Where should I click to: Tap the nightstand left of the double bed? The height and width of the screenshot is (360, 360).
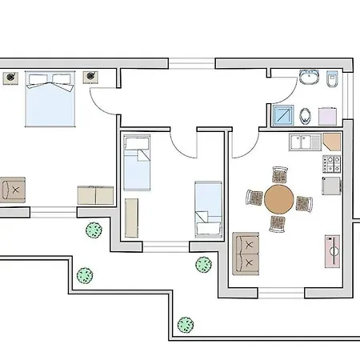pos(13,77)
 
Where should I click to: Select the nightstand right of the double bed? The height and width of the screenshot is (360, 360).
pos(90,77)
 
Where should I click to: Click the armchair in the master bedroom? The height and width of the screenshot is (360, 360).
pos(14,190)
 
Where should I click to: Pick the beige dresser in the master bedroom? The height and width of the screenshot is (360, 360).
pos(96,195)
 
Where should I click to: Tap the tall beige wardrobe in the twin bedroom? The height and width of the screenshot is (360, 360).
pos(131,217)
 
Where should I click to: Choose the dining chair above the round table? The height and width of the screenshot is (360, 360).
pos(279,175)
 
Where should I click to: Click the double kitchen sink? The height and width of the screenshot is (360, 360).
pos(305,142)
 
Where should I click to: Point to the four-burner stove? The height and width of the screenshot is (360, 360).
pos(331,165)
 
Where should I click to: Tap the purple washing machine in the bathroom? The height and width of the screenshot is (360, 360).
pos(328,115)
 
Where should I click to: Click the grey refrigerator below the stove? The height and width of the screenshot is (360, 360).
pos(331,186)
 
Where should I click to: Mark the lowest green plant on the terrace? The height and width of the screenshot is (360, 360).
pos(186,325)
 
